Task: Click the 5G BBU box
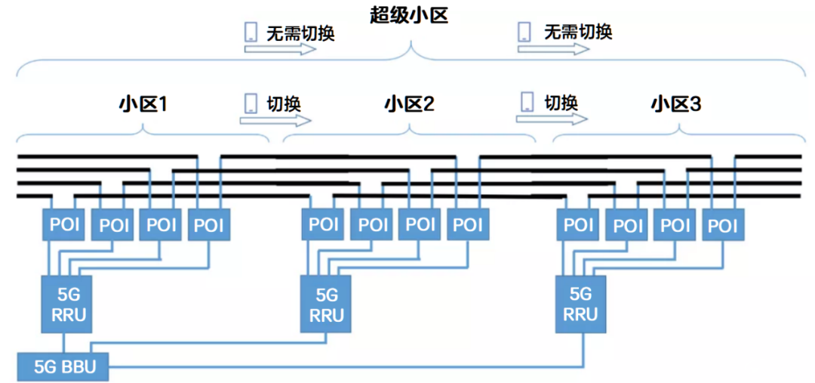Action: click(63, 367)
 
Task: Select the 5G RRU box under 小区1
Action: click(67, 304)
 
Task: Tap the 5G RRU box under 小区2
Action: click(326, 304)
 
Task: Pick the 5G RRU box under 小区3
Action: click(580, 304)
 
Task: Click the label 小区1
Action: click(143, 104)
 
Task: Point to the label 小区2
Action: click(410, 104)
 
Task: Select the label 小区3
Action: click(676, 104)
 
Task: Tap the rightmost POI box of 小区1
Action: click(209, 224)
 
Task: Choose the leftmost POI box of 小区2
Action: click(323, 224)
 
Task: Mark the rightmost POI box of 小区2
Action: click(468, 224)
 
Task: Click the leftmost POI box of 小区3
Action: click(578, 224)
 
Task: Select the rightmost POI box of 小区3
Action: click(723, 224)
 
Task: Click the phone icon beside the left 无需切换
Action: click(251, 32)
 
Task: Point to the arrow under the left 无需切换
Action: click(280, 49)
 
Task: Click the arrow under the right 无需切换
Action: click(553, 48)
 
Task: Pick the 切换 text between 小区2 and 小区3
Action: click(561, 102)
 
